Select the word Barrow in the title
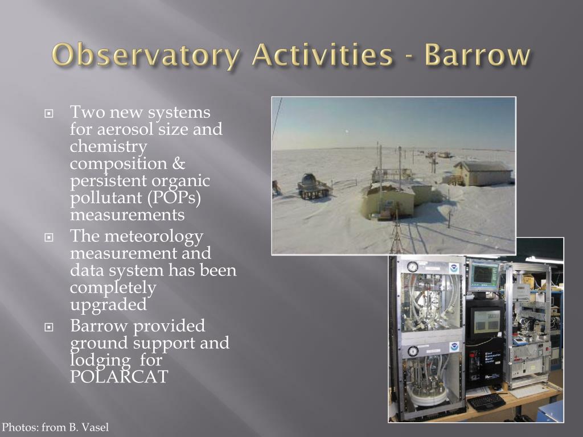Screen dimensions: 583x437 (478, 55)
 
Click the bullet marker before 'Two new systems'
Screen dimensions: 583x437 (49, 113)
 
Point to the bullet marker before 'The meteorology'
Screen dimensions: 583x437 (49, 237)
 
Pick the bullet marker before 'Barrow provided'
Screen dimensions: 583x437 (49, 327)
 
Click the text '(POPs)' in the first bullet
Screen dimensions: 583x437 (174, 198)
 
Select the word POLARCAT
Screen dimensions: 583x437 (119, 377)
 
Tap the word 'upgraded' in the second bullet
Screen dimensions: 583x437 (108, 305)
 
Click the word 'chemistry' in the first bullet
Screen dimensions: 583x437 (108, 147)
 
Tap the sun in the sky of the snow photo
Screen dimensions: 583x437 (347, 131)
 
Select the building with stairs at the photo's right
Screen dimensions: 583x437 (483, 172)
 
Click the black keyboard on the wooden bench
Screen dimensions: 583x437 (486, 402)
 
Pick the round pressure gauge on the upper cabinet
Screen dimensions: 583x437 (412, 267)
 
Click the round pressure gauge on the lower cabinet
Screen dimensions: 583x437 (413, 351)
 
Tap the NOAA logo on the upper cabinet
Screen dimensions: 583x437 (453, 268)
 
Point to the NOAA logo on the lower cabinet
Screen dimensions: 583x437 (454, 347)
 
